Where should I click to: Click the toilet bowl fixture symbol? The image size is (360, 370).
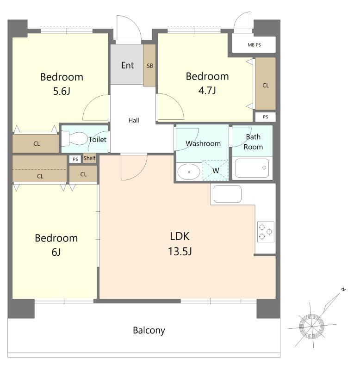click(74, 138)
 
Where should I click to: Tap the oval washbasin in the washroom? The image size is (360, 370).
click(189, 172)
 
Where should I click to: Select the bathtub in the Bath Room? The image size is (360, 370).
click(252, 168)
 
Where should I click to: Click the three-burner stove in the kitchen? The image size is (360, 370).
click(266, 232)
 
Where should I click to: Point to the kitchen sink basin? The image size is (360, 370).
click(228, 194)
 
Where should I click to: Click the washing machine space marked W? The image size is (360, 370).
click(216, 170)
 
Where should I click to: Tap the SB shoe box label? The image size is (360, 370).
click(149, 66)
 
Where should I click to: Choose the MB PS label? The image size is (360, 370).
click(254, 45)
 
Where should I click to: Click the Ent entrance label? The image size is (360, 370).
click(127, 65)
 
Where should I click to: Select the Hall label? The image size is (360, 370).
click(134, 120)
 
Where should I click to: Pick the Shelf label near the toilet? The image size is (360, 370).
click(89, 158)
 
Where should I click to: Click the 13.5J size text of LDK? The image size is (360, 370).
click(180, 251)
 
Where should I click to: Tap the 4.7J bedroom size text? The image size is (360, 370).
click(207, 90)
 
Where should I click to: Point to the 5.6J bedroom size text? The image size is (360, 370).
click(62, 91)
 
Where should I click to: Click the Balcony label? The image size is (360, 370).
click(149, 330)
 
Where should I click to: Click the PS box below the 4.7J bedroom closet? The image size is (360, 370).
click(265, 117)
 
